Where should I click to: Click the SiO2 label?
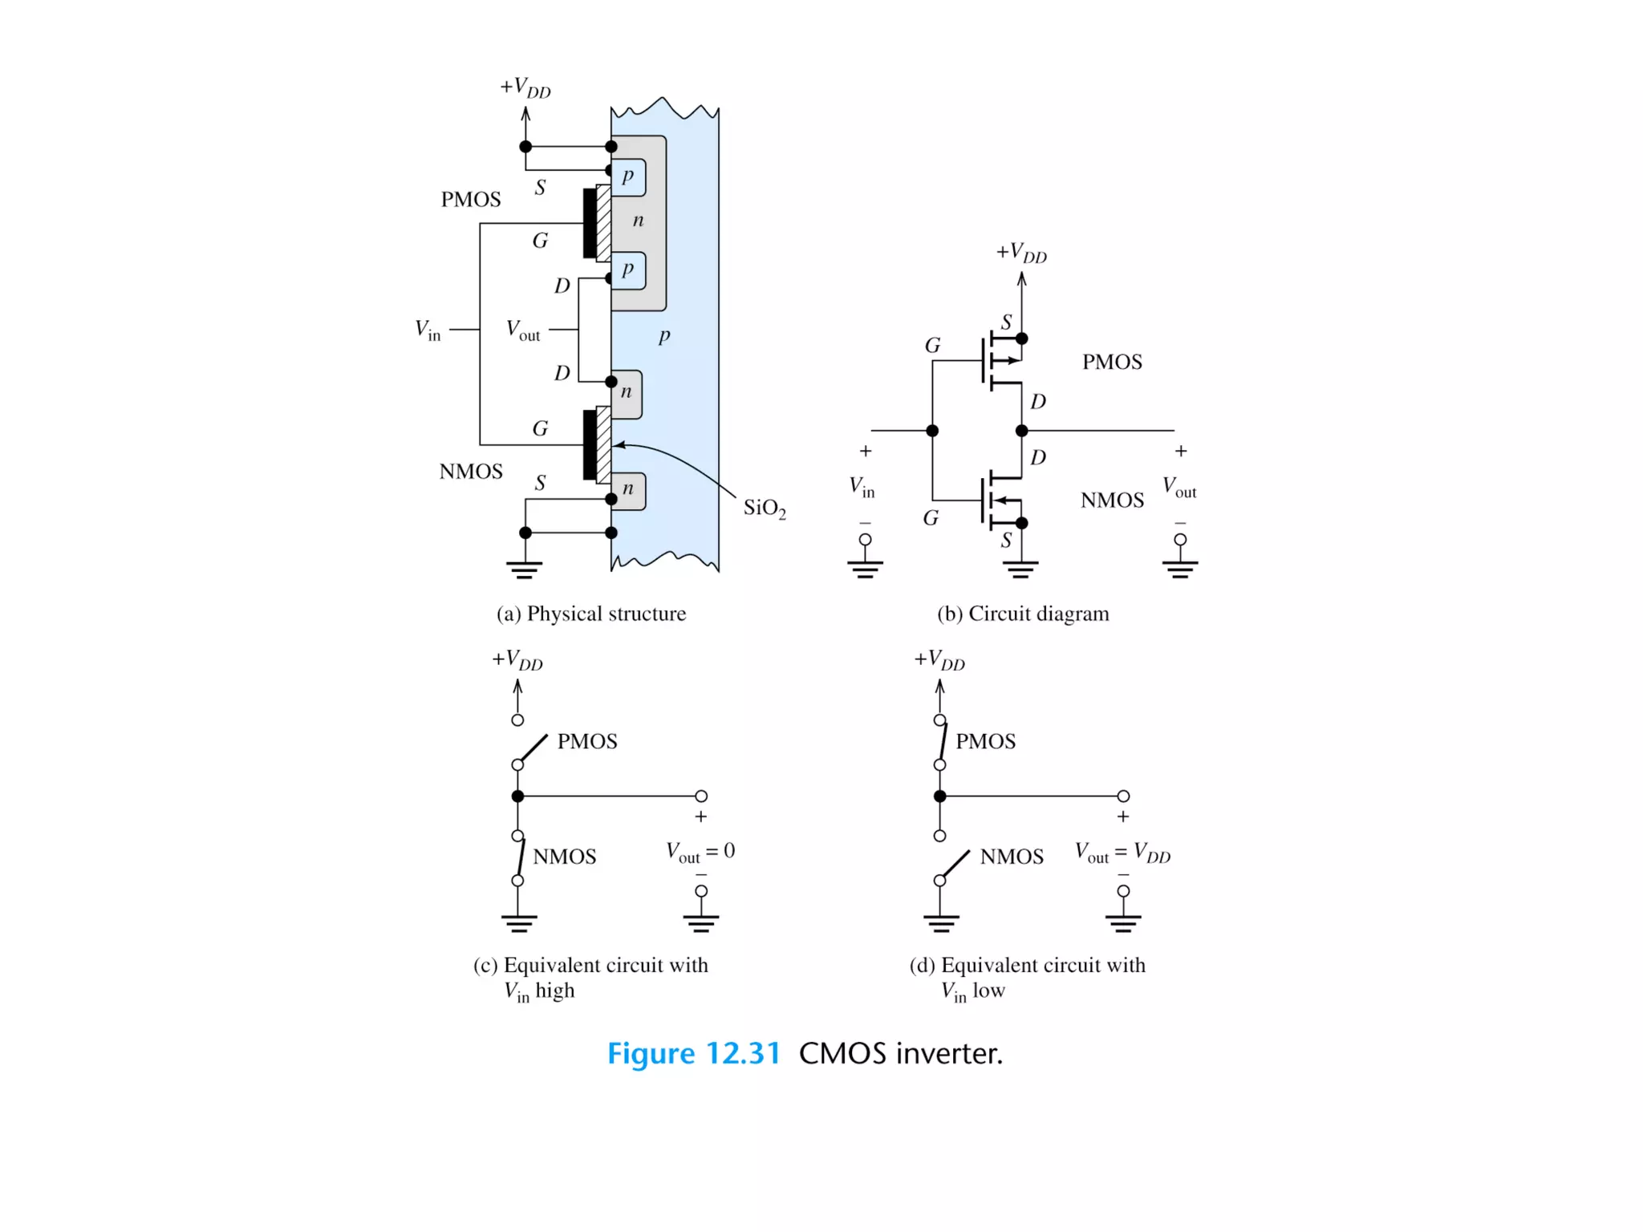tap(764, 508)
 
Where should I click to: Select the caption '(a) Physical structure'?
tap(591, 614)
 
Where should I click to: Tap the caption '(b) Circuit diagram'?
tap(1023, 614)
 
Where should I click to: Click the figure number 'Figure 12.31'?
tap(693, 1053)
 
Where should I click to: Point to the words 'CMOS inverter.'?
tap(901, 1053)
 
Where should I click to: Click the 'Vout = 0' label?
tap(700, 852)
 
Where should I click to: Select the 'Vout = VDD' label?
tap(1122, 853)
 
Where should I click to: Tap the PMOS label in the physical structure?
tap(471, 200)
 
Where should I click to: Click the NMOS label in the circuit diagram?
tap(1112, 500)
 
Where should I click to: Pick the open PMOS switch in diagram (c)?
tap(533, 748)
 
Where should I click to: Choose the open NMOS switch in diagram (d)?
tap(955, 864)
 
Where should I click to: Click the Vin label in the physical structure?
tap(428, 330)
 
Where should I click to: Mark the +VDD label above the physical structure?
tap(525, 87)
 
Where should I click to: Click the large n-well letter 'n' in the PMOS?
tap(638, 221)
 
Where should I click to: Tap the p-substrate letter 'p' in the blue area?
tap(664, 335)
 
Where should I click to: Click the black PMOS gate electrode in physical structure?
tap(590, 223)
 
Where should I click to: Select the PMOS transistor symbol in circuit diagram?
tap(999, 362)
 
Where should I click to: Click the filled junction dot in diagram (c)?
tap(517, 796)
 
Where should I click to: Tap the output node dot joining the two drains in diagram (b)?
tap(1021, 431)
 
